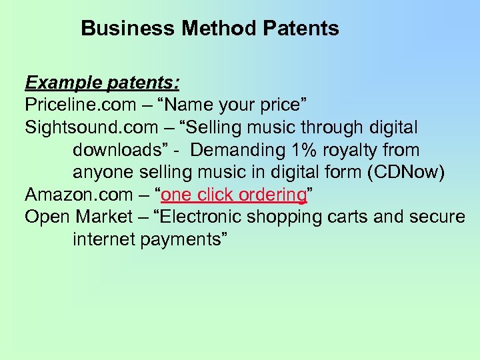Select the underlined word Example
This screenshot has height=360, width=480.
coord(59,83)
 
